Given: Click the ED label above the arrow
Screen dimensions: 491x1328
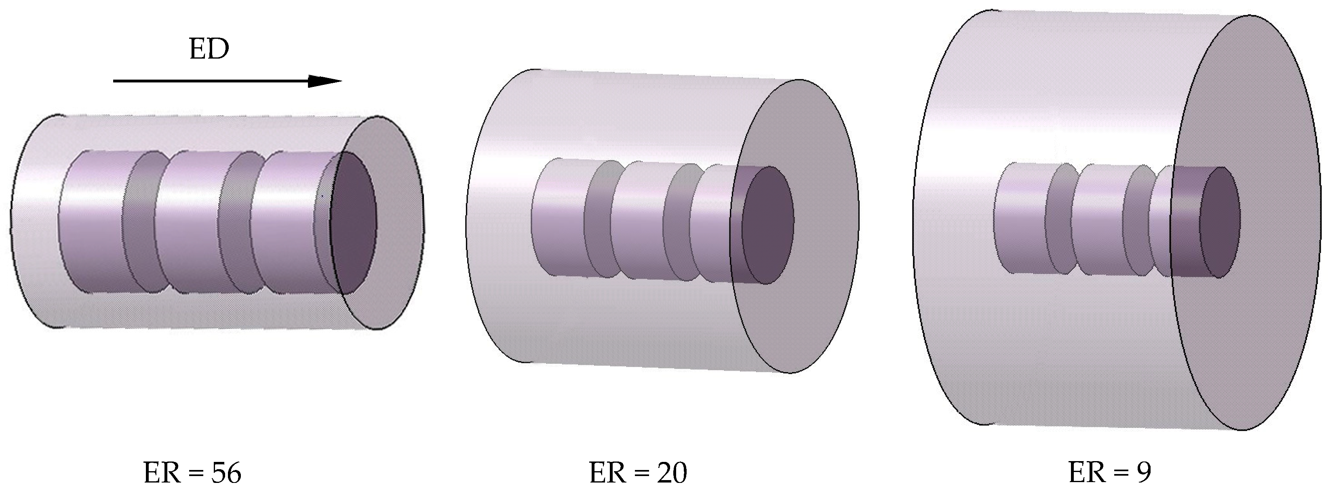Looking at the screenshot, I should [209, 50].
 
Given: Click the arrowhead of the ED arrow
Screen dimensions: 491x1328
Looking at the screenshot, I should [324, 81].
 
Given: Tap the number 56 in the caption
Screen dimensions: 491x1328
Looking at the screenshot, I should [226, 472].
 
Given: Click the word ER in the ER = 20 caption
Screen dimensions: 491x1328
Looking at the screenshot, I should [606, 472].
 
